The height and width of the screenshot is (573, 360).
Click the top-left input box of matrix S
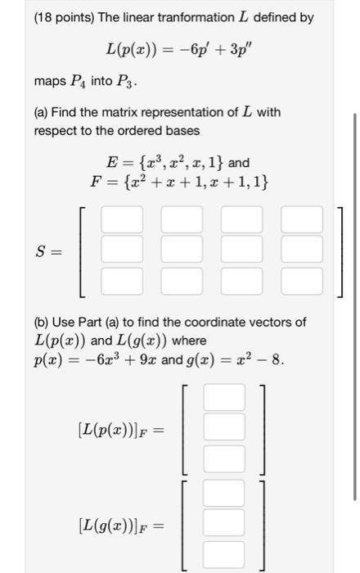click(x=122, y=219)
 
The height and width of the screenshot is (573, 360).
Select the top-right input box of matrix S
click(x=302, y=219)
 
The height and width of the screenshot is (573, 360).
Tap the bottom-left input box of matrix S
click(x=122, y=282)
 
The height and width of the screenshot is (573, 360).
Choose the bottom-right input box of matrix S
click(x=302, y=282)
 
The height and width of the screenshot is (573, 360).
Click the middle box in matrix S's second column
click(x=182, y=250)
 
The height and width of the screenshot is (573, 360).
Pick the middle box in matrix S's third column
click(x=242, y=250)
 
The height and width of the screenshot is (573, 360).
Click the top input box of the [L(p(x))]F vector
click(x=224, y=397)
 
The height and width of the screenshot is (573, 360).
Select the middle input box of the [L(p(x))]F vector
click(x=224, y=427)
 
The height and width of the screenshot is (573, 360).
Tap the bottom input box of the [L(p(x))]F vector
click(x=224, y=458)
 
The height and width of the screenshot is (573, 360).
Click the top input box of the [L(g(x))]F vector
click(x=224, y=493)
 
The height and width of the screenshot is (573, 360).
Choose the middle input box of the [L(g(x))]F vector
click(x=224, y=523)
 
